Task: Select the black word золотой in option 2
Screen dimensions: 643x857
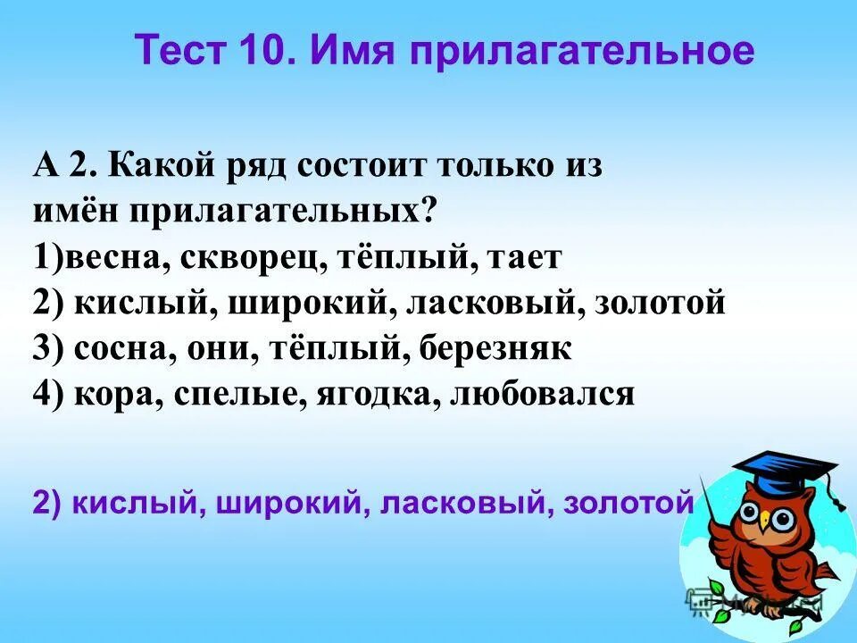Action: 661,304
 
